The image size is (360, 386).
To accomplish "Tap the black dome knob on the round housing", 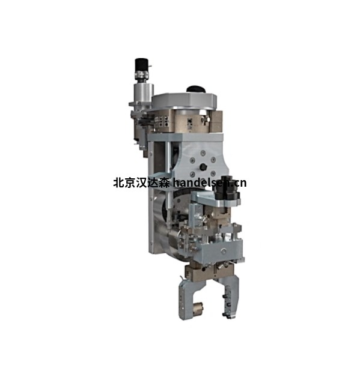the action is pyautogui.click(x=196, y=89).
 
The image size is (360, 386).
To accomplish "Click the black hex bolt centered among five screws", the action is pyautogui.click(x=203, y=167).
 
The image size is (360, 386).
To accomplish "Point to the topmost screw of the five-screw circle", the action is pyautogui.click(x=203, y=153).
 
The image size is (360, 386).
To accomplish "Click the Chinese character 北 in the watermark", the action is pyautogui.click(x=118, y=183).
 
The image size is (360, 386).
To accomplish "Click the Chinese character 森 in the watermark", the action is pyautogui.click(x=164, y=183).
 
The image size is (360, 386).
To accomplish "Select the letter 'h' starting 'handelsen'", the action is pyautogui.click(x=175, y=183).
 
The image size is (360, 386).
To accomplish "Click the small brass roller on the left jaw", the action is pyautogui.click(x=197, y=307).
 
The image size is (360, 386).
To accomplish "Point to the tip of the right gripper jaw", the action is pyautogui.click(x=231, y=318).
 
